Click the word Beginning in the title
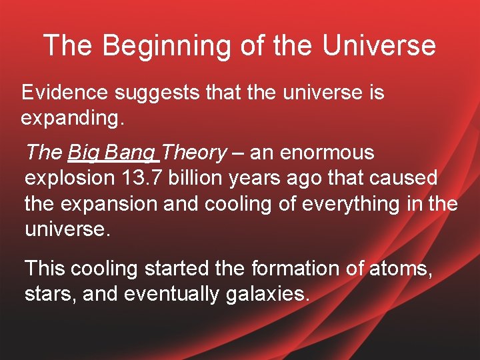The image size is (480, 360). [159, 46]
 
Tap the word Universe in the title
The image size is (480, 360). [379, 45]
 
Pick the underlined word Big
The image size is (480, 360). [83, 153]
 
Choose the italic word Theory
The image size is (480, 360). [194, 153]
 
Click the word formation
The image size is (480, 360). [296, 269]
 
